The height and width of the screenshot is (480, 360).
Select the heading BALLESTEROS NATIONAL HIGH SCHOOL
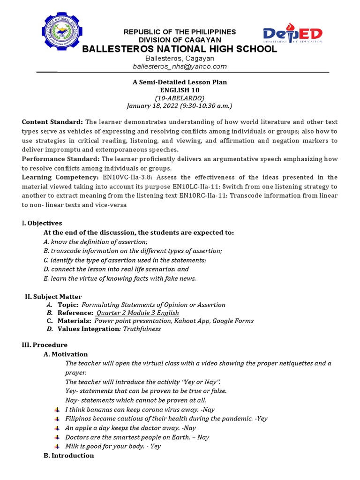click(x=180, y=49)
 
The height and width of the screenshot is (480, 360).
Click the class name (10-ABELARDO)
click(x=180, y=97)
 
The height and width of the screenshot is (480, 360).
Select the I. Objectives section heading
click(x=42, y=223)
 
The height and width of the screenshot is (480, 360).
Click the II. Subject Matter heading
click(x=53, y=297)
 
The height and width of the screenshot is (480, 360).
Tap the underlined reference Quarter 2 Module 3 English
click(x=137, y=313)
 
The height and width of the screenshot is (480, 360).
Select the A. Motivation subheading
click(x=66, y=354)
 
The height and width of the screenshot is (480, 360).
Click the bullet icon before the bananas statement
click(x=57, y=410)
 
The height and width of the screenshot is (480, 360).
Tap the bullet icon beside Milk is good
click(x=57, y=446)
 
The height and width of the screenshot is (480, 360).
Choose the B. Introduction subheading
click(x=68, y=456)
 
